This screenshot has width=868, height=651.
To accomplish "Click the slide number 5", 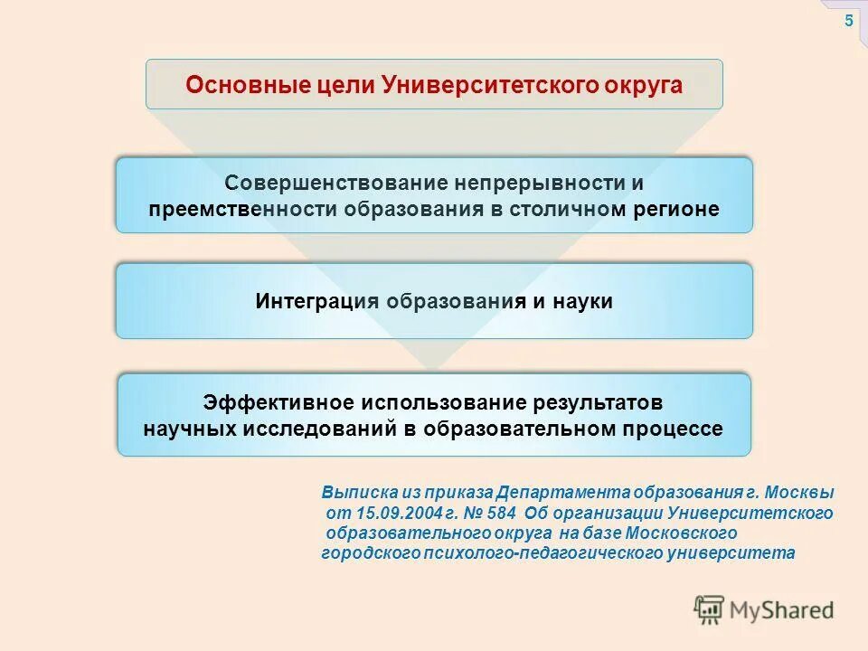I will coord(848,22).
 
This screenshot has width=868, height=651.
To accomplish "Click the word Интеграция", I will coord(317,301).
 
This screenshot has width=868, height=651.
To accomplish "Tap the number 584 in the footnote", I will coord(495,514).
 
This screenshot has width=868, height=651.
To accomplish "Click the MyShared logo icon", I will coord(710,610).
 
